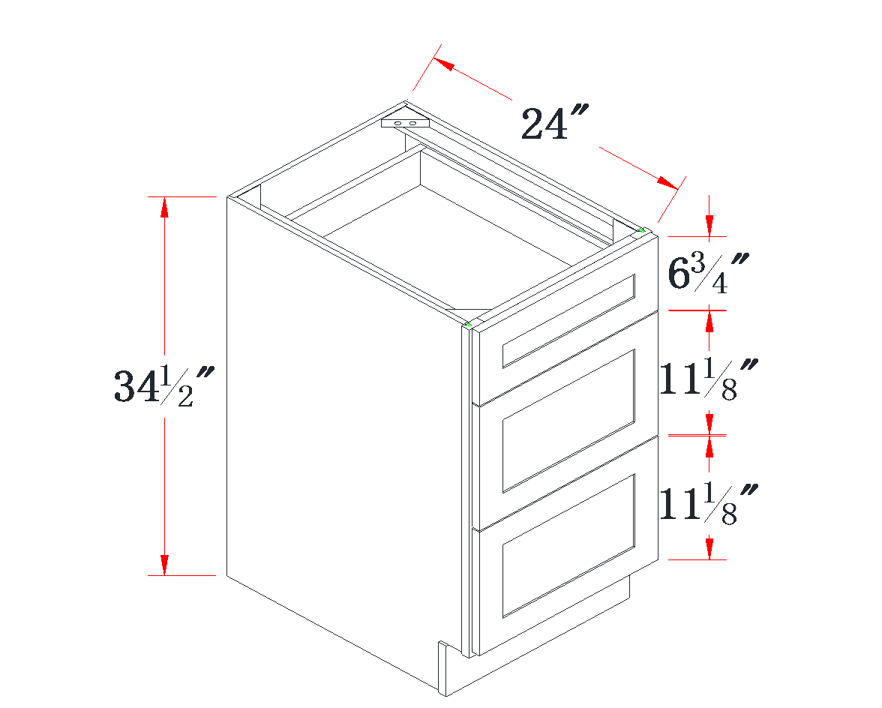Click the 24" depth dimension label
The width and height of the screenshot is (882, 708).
click(553, 124)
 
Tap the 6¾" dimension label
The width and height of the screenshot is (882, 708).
click(708, 273)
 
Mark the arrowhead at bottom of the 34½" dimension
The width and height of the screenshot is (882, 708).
click(164, 565)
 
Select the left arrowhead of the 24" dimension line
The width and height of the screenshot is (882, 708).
click(443, 64)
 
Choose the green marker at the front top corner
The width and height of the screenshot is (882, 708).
click(469, 324)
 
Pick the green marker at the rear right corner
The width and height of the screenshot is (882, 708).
click(641, 229)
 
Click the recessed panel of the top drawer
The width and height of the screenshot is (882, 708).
click(568, 321)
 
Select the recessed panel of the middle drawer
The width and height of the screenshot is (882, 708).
click(568, 420)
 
